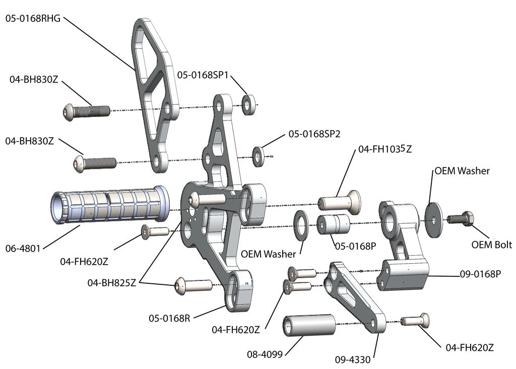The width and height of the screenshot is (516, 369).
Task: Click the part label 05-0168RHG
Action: pyautogui.click(x=33, y=19)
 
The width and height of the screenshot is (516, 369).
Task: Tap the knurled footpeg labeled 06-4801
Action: pyautogui.click(x=109, y=206)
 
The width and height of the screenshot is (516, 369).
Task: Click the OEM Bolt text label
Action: pyautogui.click(x=492, y=245)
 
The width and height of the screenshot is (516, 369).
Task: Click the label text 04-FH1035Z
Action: pyautogui.click(x=384, y=149)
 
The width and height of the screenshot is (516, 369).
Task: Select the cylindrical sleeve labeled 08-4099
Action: pyautogui.click(x=309, y=325)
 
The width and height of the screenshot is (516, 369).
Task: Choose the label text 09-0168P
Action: pyautogui.click(x=480, y=274)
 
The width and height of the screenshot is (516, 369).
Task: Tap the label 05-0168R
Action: pyautogui.click(x=169, y=318)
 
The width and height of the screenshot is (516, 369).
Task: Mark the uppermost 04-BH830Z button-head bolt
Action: pyautogui.click(x=86, y=110)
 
